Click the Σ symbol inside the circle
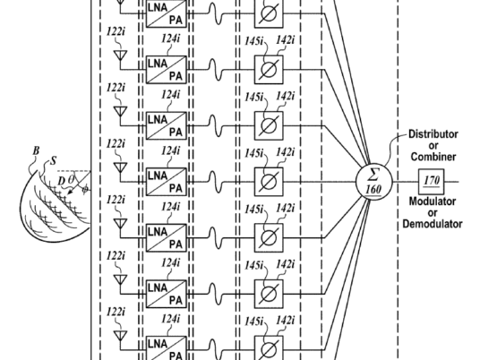click(x=373, y=176)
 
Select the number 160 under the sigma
click(x=373, y=189)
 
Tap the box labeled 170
click(x=432, y=182)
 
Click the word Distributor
click(x=433, y=134)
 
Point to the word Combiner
click(x=433, y=157)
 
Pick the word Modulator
click(x=433, y=201)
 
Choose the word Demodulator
click(x=433, y=224)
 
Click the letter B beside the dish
click(x=36, y=151)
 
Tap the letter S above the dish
click(x=54, y=160)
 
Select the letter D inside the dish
click(x=62, y=182)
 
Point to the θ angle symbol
click(x=71, y=179)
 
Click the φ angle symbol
click(x=85, y=190)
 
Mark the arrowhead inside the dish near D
click(x=70, y=192)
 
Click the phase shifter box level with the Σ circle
click(x=269, y=182)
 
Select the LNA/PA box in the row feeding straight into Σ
click(x=167, y=182)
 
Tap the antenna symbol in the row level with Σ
click(x=120, y=168)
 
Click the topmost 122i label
click(x=116, y=32)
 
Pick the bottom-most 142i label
click(x=286, y=321)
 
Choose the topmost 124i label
click(x=170, y=39)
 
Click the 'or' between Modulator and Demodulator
click(x=433, y=213)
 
